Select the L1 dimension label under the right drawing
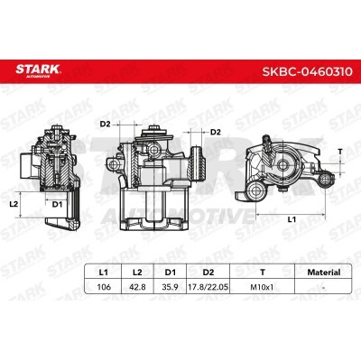[x=290, y=219]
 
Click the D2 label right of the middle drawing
[x=215, y=133]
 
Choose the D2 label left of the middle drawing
[x=104, y=123]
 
